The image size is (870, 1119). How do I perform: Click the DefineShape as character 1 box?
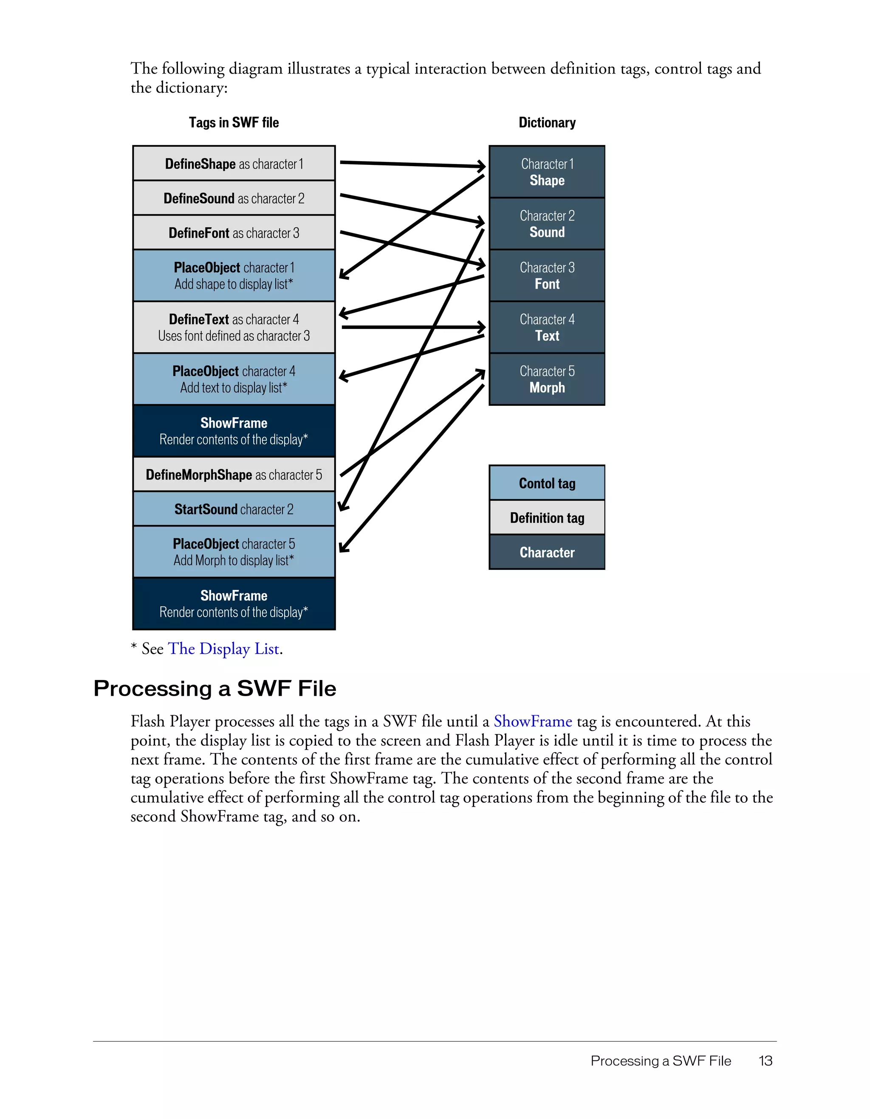click(x=234, y=164)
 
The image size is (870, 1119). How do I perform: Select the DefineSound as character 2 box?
click(x=234, y=198)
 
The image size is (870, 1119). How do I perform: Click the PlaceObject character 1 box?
click(x=234, y=276)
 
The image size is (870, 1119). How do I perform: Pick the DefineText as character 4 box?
click(x=234, y=327)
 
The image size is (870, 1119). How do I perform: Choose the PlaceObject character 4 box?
click(x=234, y=379)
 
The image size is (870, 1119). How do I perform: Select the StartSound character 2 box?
click(x=234, y=509)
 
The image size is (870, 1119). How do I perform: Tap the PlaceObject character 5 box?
click(x=234, y=552)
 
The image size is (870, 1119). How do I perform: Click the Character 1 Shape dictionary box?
click(x=547, y=172)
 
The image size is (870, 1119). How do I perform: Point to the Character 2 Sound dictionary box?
click(x=547, y=224)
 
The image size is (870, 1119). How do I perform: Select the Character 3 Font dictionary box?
click(x=547, y=276)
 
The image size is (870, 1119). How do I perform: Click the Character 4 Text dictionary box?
click(x=547, y=327)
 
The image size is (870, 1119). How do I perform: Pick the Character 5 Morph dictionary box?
click(x=547, y=379)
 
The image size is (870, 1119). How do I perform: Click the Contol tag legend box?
click(x=547, y=483)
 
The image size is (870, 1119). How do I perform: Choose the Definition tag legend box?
click(x=547, y=518)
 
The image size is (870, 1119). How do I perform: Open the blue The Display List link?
click(x=224, y=649)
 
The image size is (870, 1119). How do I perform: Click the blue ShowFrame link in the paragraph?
click(x=533, y=721)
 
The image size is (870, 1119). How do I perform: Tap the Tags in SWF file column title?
click(x=234, y=122)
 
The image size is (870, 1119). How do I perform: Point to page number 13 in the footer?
click(x=765, y=1061)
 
